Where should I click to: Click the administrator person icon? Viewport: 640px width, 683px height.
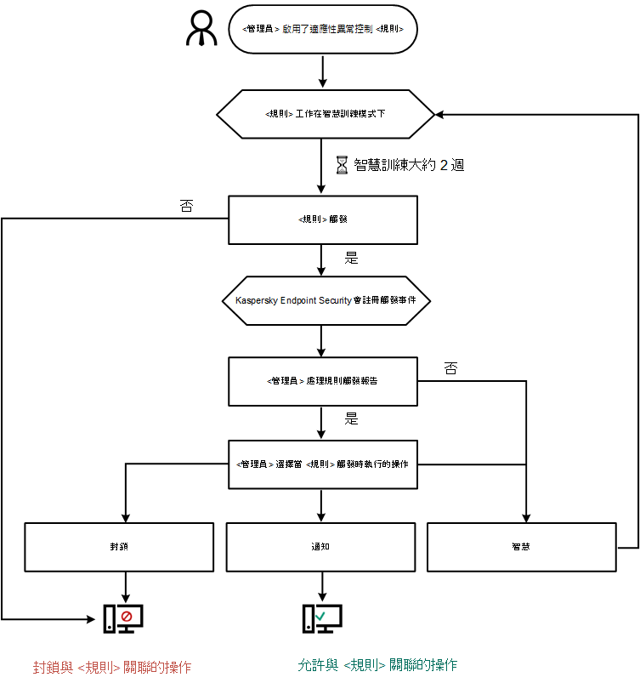(x=201, y=29)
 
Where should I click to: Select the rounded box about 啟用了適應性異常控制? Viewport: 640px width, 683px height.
(x=323, y=29)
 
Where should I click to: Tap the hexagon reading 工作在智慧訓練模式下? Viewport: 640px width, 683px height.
(x=326, y=113)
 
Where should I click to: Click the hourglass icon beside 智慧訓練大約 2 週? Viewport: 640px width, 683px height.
(x=342, y=165)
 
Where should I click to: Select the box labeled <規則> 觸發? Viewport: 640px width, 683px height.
(x=323, y=219)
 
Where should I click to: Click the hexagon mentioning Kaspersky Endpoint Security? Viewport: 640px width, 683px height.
(x=326, y=300)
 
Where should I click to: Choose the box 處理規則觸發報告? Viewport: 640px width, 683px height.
(x=323, y=380)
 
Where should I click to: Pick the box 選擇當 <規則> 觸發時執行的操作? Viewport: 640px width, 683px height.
(x=323, y=464)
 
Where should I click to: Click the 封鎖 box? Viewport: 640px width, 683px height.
(x=119, y=546)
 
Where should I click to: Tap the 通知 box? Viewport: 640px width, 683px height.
(x=320, y=546)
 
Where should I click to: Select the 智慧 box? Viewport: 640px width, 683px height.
(x=521, y=546)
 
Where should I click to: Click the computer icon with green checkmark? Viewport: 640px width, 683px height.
(x=322, y=618)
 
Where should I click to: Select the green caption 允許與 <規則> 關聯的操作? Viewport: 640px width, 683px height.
(x=377, y=664)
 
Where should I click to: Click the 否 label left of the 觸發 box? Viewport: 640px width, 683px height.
(x=186, y=206)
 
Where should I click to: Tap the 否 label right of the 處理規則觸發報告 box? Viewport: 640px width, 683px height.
(x=451, y=368)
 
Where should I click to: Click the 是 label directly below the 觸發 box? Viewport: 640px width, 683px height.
(x=351, y=255)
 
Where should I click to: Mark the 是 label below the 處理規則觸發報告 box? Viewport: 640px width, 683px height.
(x=351, y=418)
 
